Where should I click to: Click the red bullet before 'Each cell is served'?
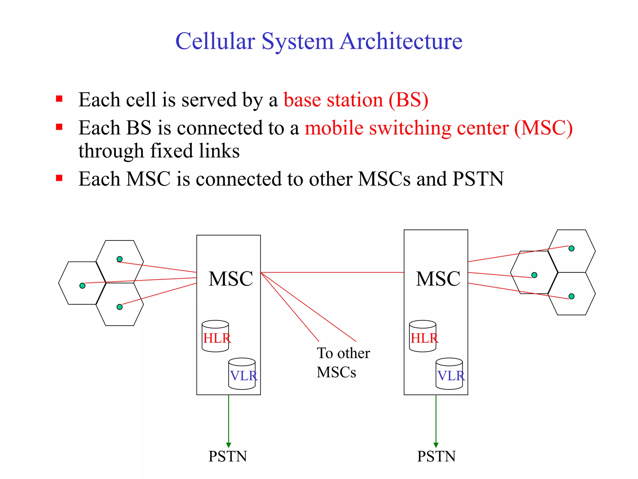tap(59, 99)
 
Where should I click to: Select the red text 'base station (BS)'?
tap(356, 100)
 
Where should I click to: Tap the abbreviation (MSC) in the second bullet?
tap(543, 128)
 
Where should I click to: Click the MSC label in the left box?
tap(231, 278)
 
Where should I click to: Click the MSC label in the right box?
tap(438, 278)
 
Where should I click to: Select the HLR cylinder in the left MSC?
tap(215, 336)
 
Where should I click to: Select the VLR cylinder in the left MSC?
tap(242, 374)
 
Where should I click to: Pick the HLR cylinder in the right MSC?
tap(423, 336)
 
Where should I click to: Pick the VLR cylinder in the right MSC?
tap(449, 374)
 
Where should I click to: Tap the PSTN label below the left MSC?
tap(228, 457)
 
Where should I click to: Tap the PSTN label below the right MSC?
tap(436, 457)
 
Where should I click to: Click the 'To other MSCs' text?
tap(343, 362)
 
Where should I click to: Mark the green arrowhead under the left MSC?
tap(228, 445)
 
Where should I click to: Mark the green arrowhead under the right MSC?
tap(436, 445)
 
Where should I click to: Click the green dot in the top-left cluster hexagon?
tap(120, 259)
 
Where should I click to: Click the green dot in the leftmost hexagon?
tap(83, 286)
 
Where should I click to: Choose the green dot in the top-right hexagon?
tap(572, 249)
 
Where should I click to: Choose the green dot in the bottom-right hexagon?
tap(572, 296)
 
